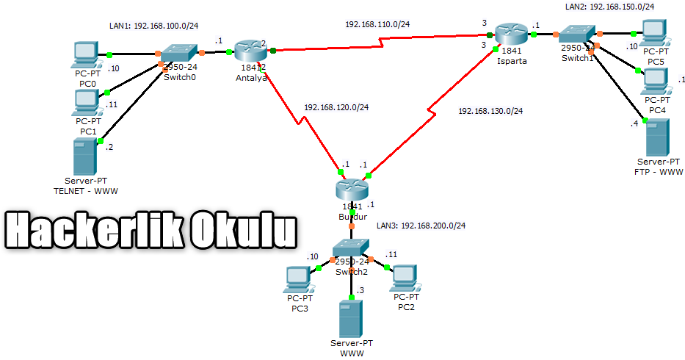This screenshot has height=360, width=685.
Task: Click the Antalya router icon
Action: coord(250,51)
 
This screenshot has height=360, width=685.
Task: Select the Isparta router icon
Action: coord(510,34)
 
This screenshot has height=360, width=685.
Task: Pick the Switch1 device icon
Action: coord(578,34)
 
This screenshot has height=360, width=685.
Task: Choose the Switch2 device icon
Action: coord(352,250)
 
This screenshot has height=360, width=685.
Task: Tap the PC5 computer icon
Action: coord(653,32)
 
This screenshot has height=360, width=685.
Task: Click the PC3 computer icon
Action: coord(299,278)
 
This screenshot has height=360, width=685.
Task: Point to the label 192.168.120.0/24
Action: coord(336,107)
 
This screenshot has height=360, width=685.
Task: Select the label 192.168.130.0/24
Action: coord(490,111)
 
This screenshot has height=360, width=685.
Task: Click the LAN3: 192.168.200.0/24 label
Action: coord(421,226)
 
